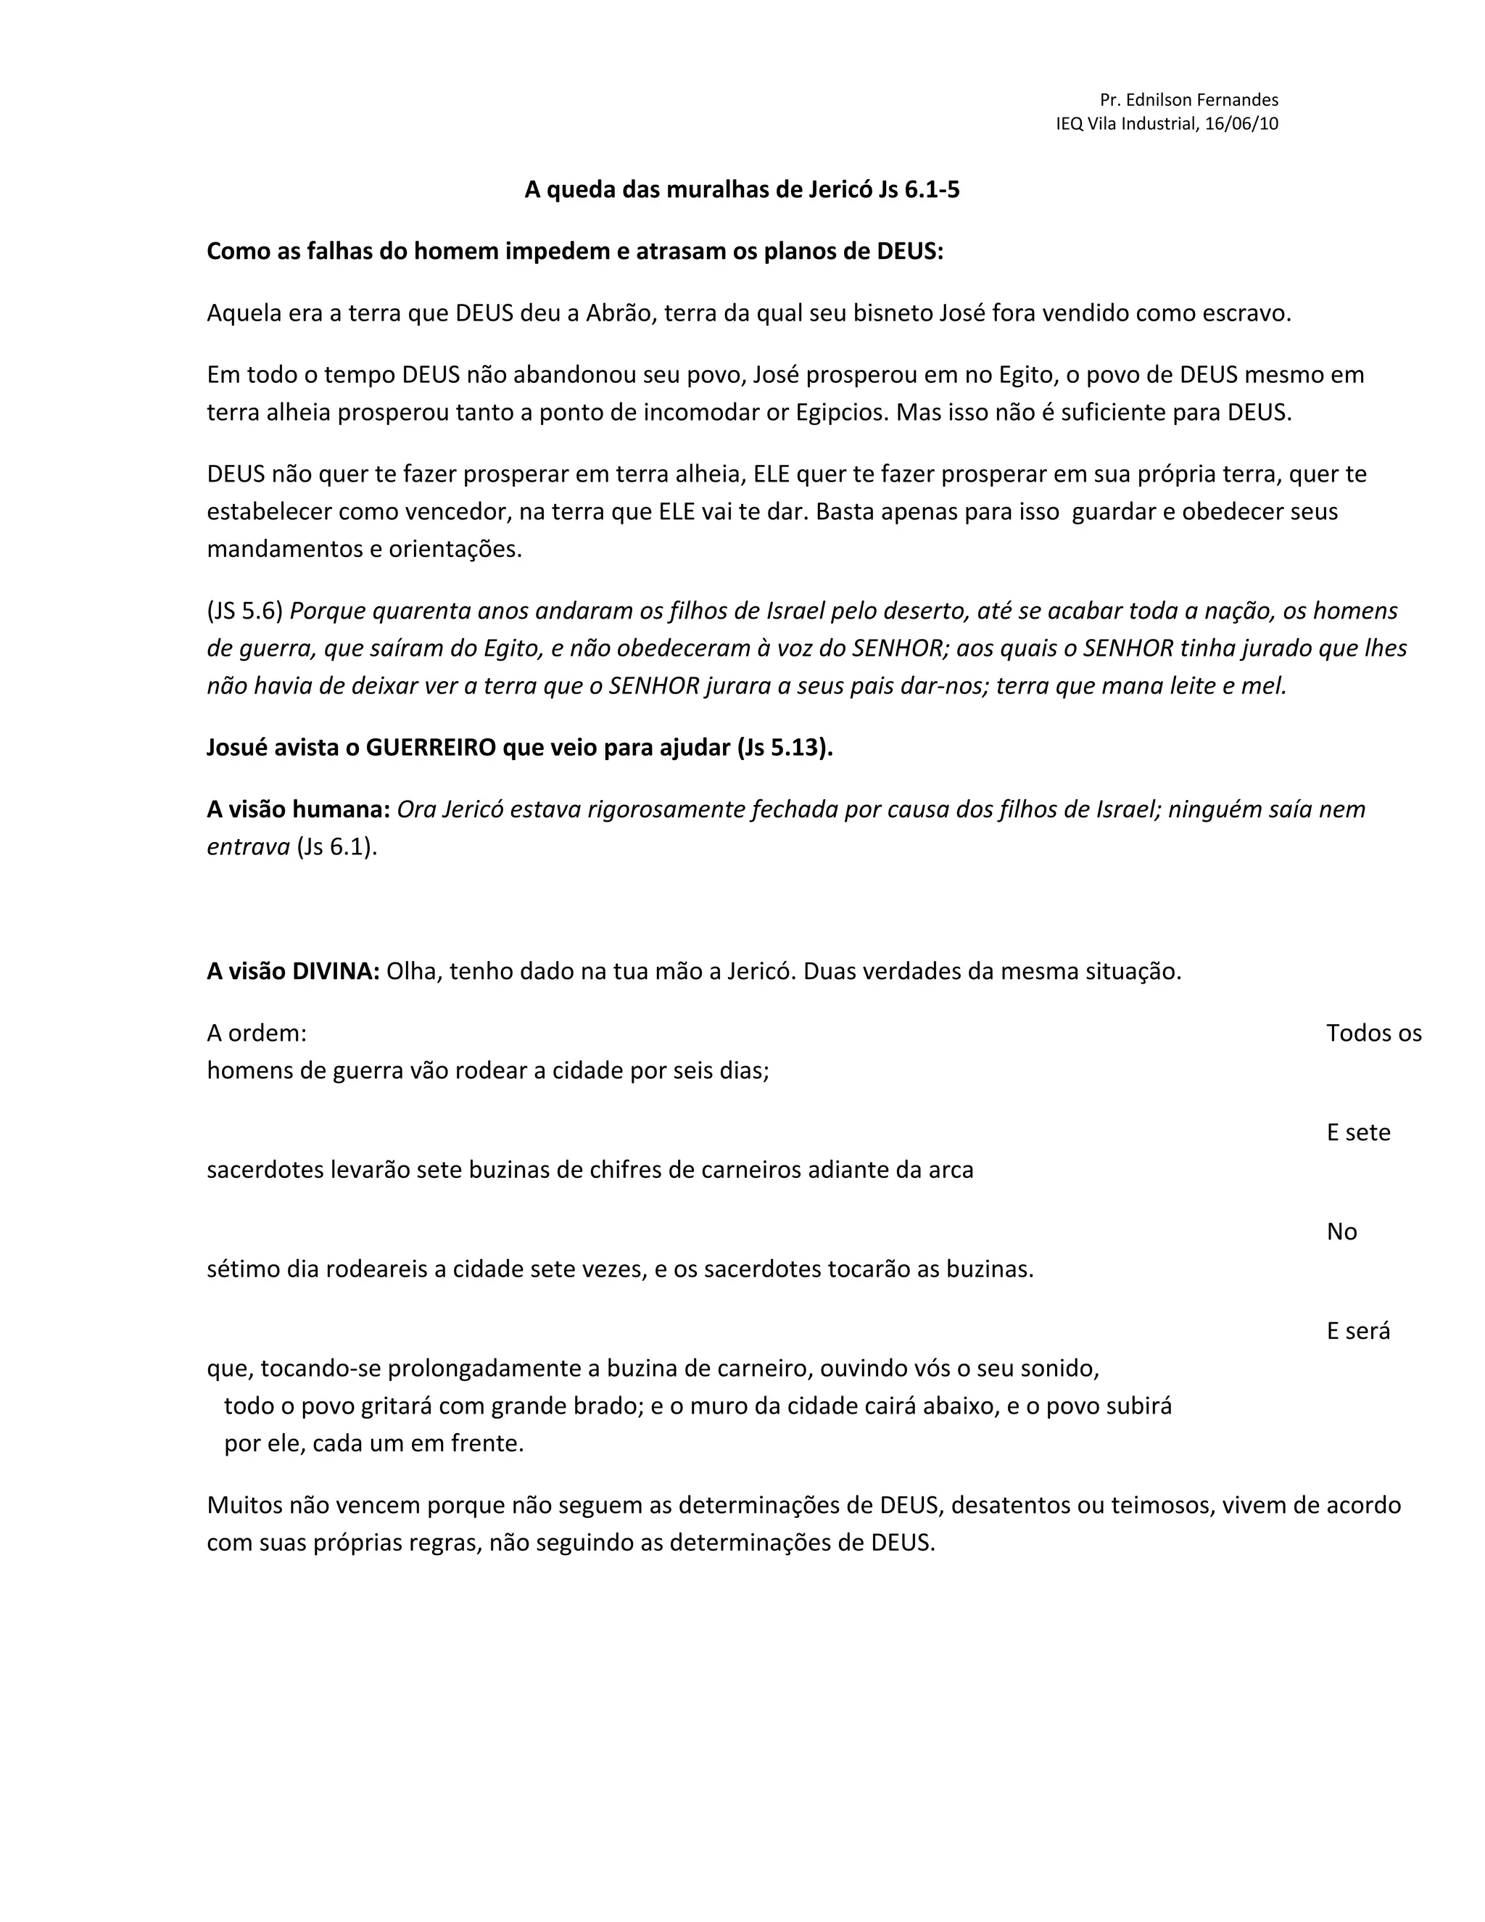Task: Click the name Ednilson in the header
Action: click(x=1159, y=99)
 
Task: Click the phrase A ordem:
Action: click(x=257, y=1033)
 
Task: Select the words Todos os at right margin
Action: click(x=1373, y=1033)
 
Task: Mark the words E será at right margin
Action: click(x=1358, y=1331)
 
